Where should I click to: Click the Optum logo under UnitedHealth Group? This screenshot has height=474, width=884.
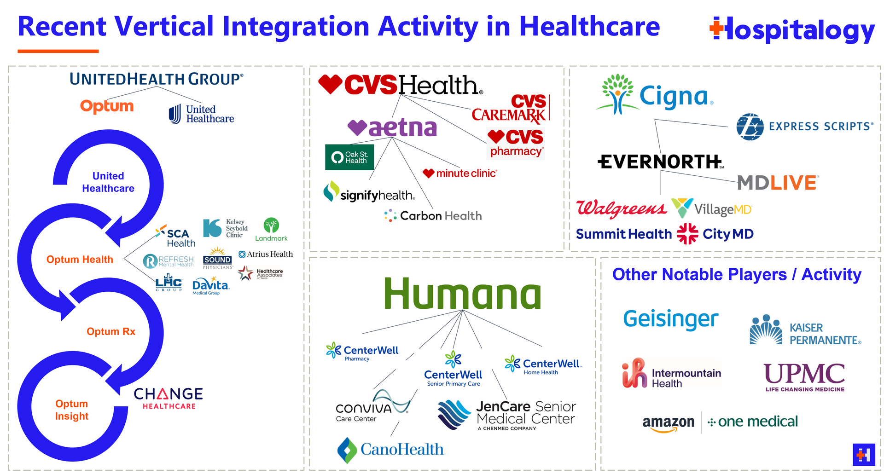click(x=107, y=106)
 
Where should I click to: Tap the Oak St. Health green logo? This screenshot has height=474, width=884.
click(x=349, y=157)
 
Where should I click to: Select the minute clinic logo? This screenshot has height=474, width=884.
click(x=460, y=173)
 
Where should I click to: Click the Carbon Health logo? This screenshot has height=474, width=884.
click(x=433, y=216)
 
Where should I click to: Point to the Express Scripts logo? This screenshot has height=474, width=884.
click(x=804, y=127)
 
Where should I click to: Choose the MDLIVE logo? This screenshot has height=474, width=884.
click(x=778, y=183)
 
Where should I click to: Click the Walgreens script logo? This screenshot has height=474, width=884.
click(x=621, y=208)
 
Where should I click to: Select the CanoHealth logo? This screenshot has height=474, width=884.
click(x=390, y=450)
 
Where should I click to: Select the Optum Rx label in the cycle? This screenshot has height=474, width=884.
click(x=111, y=332)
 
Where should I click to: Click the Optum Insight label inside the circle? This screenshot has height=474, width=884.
click(x=72, y=410)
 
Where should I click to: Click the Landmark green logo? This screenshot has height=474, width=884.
click(x=271, y=230)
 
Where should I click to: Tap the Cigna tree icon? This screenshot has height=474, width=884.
click(x=618, y=94)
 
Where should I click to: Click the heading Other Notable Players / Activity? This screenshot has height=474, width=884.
click(x=737, y=275)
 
